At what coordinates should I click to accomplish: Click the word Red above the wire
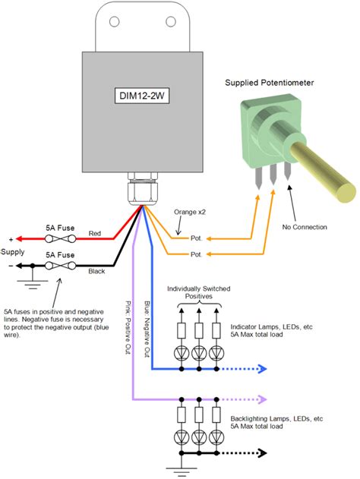click(x=95, y=232)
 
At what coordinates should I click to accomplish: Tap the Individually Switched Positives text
click(x=198, y=292)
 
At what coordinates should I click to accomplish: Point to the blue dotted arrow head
click(x=265, y=370)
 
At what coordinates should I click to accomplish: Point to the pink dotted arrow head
click(x=265, y=399)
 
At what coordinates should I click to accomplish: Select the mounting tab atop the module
click(x=142, y=27)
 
